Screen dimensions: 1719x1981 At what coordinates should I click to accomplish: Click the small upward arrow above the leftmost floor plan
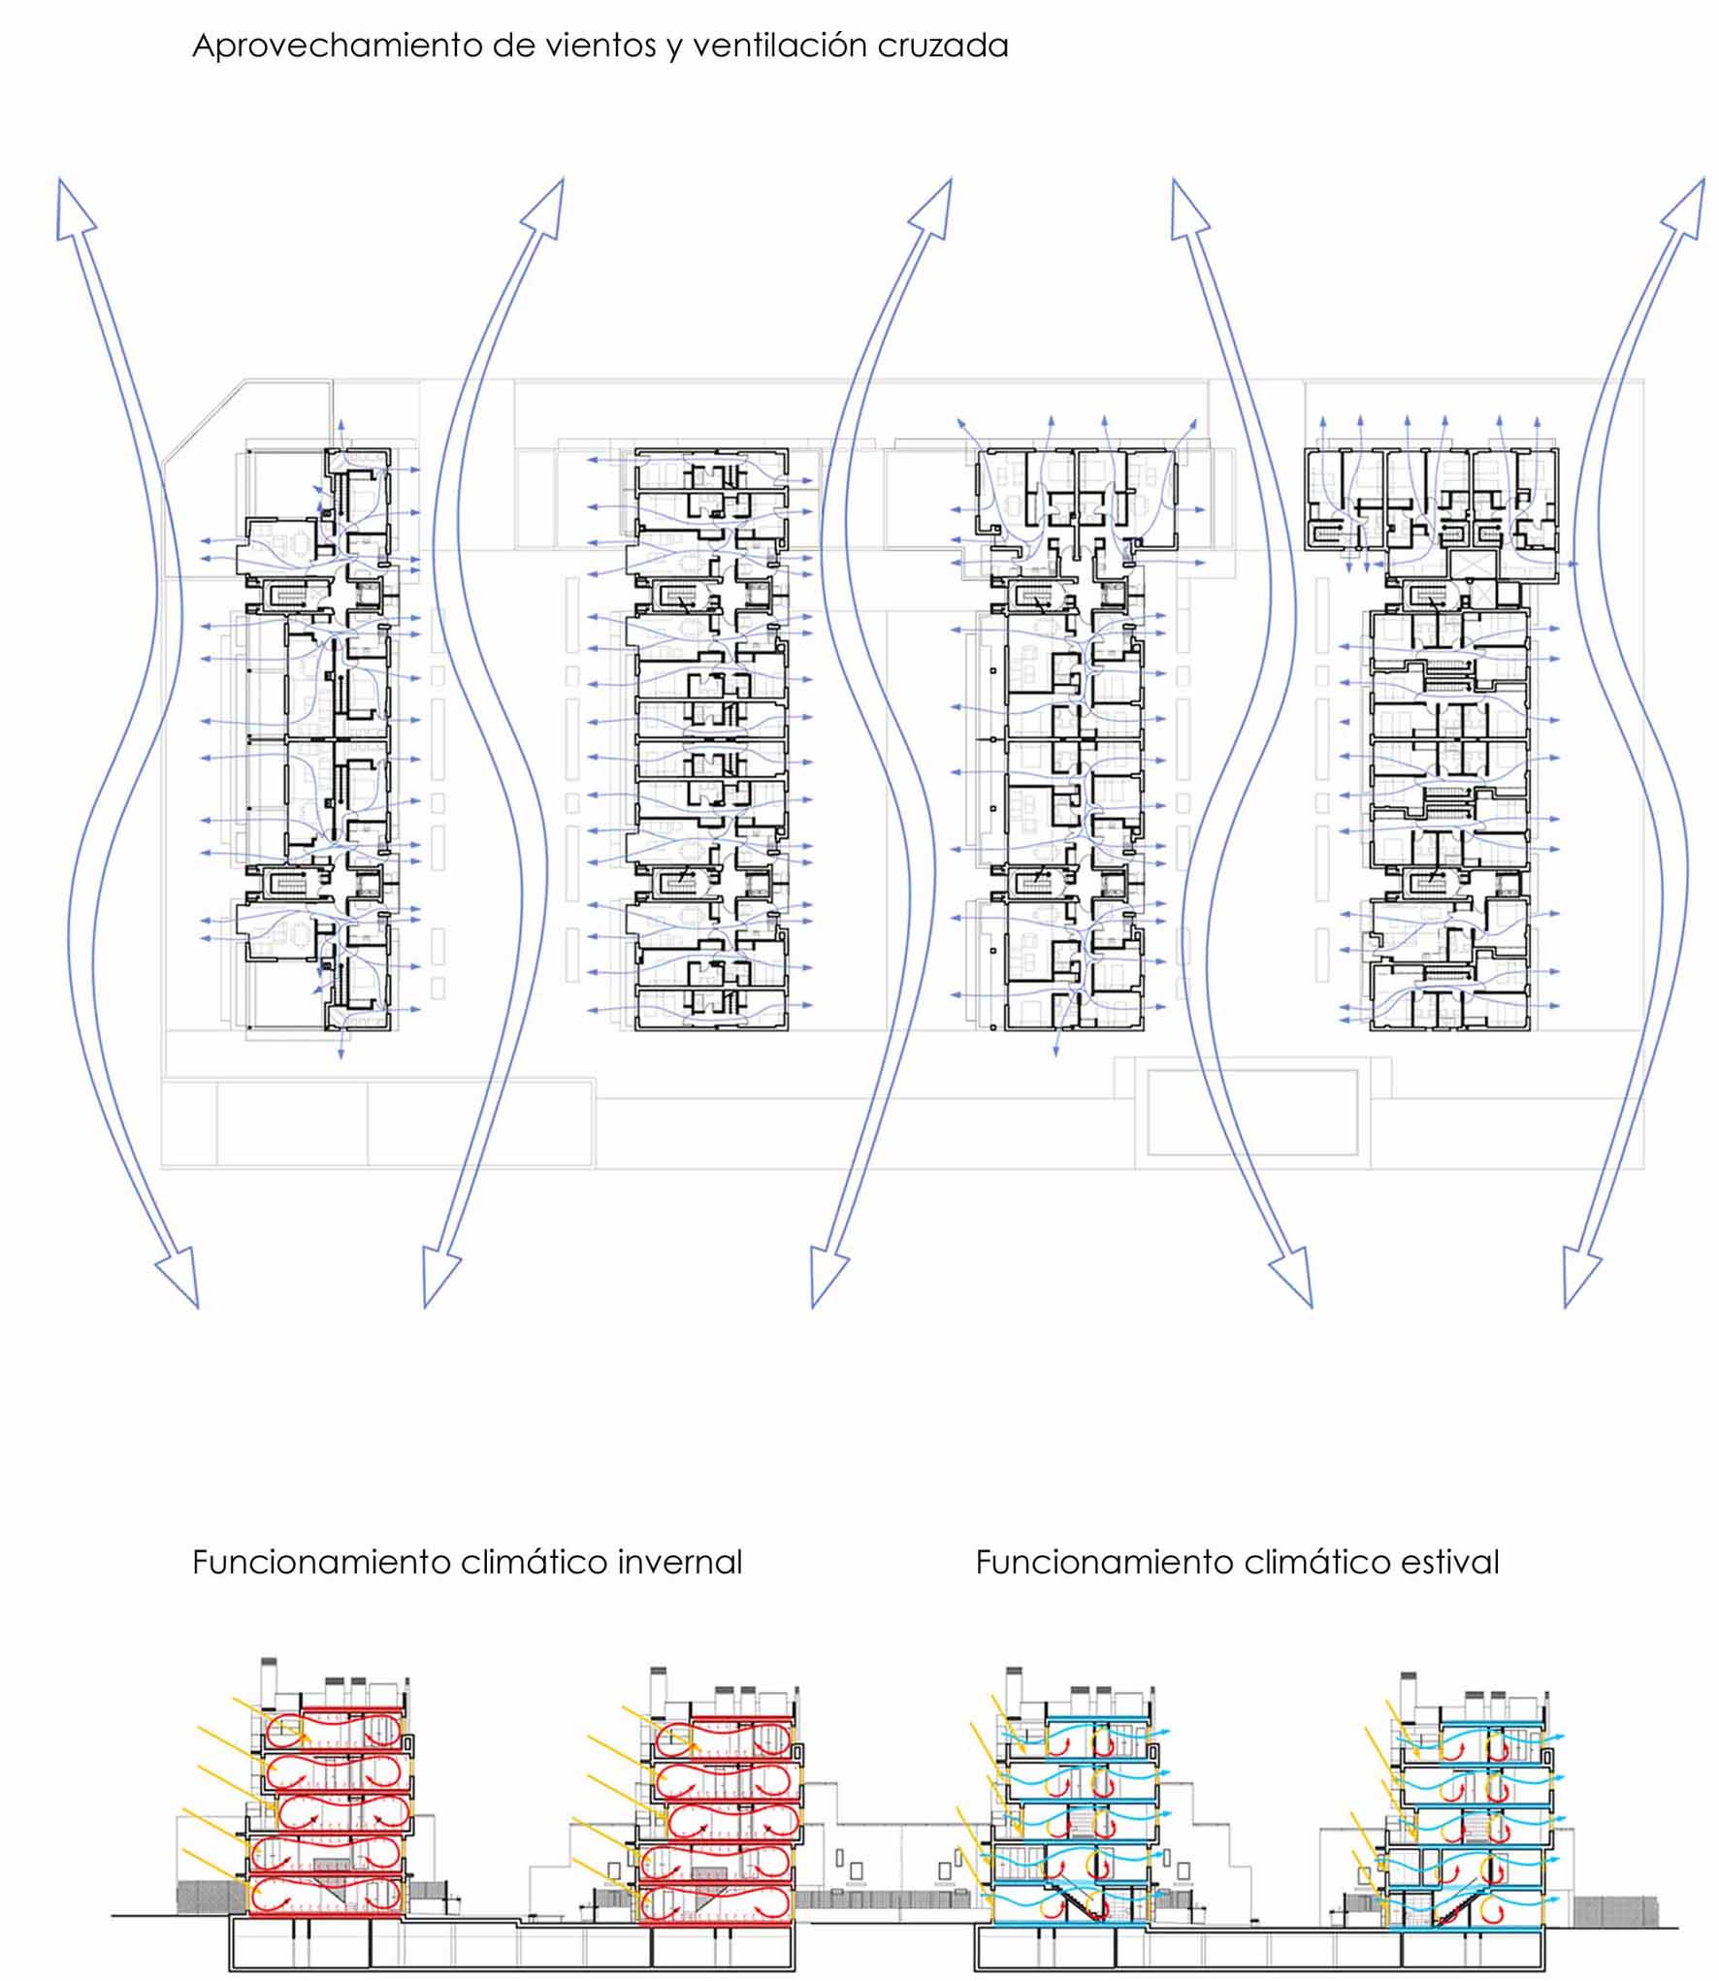tap(340, 434)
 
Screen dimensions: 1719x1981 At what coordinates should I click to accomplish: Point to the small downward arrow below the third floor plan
tap(1056, 1042)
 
